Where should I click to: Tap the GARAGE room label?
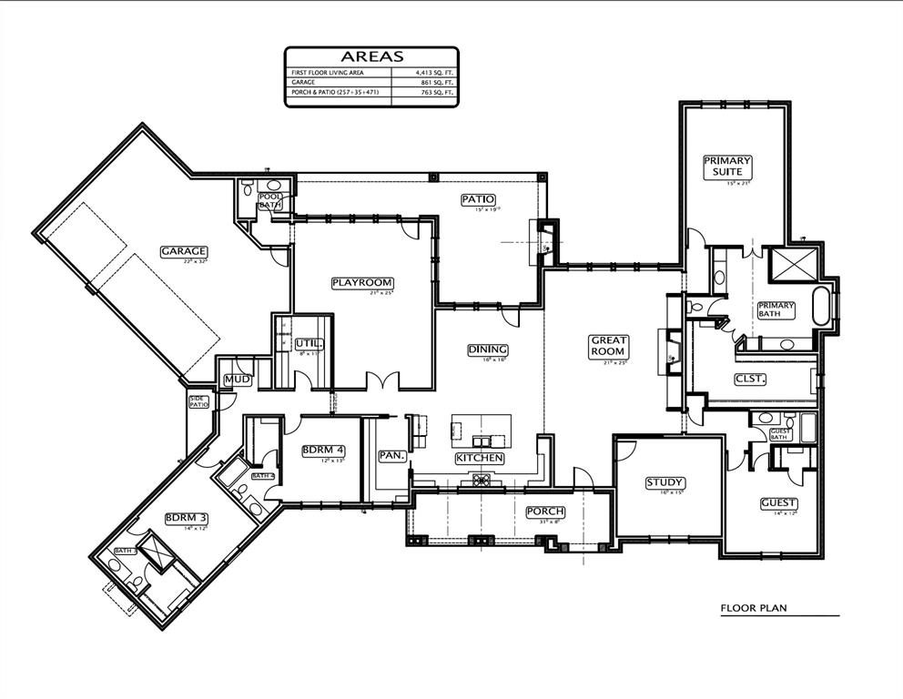point(185,251)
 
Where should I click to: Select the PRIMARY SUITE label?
point(727,166)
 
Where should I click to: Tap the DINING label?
point(488,349)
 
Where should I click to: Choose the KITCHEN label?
point(479,458)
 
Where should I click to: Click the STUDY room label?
point(665,482)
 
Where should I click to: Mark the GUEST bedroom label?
point(779,502)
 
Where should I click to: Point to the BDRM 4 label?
point(324,450)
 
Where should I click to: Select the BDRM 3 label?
point(186,518)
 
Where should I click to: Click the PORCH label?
point(545,512)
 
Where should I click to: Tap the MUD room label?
point(236,379)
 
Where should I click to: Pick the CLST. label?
point(751,378)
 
